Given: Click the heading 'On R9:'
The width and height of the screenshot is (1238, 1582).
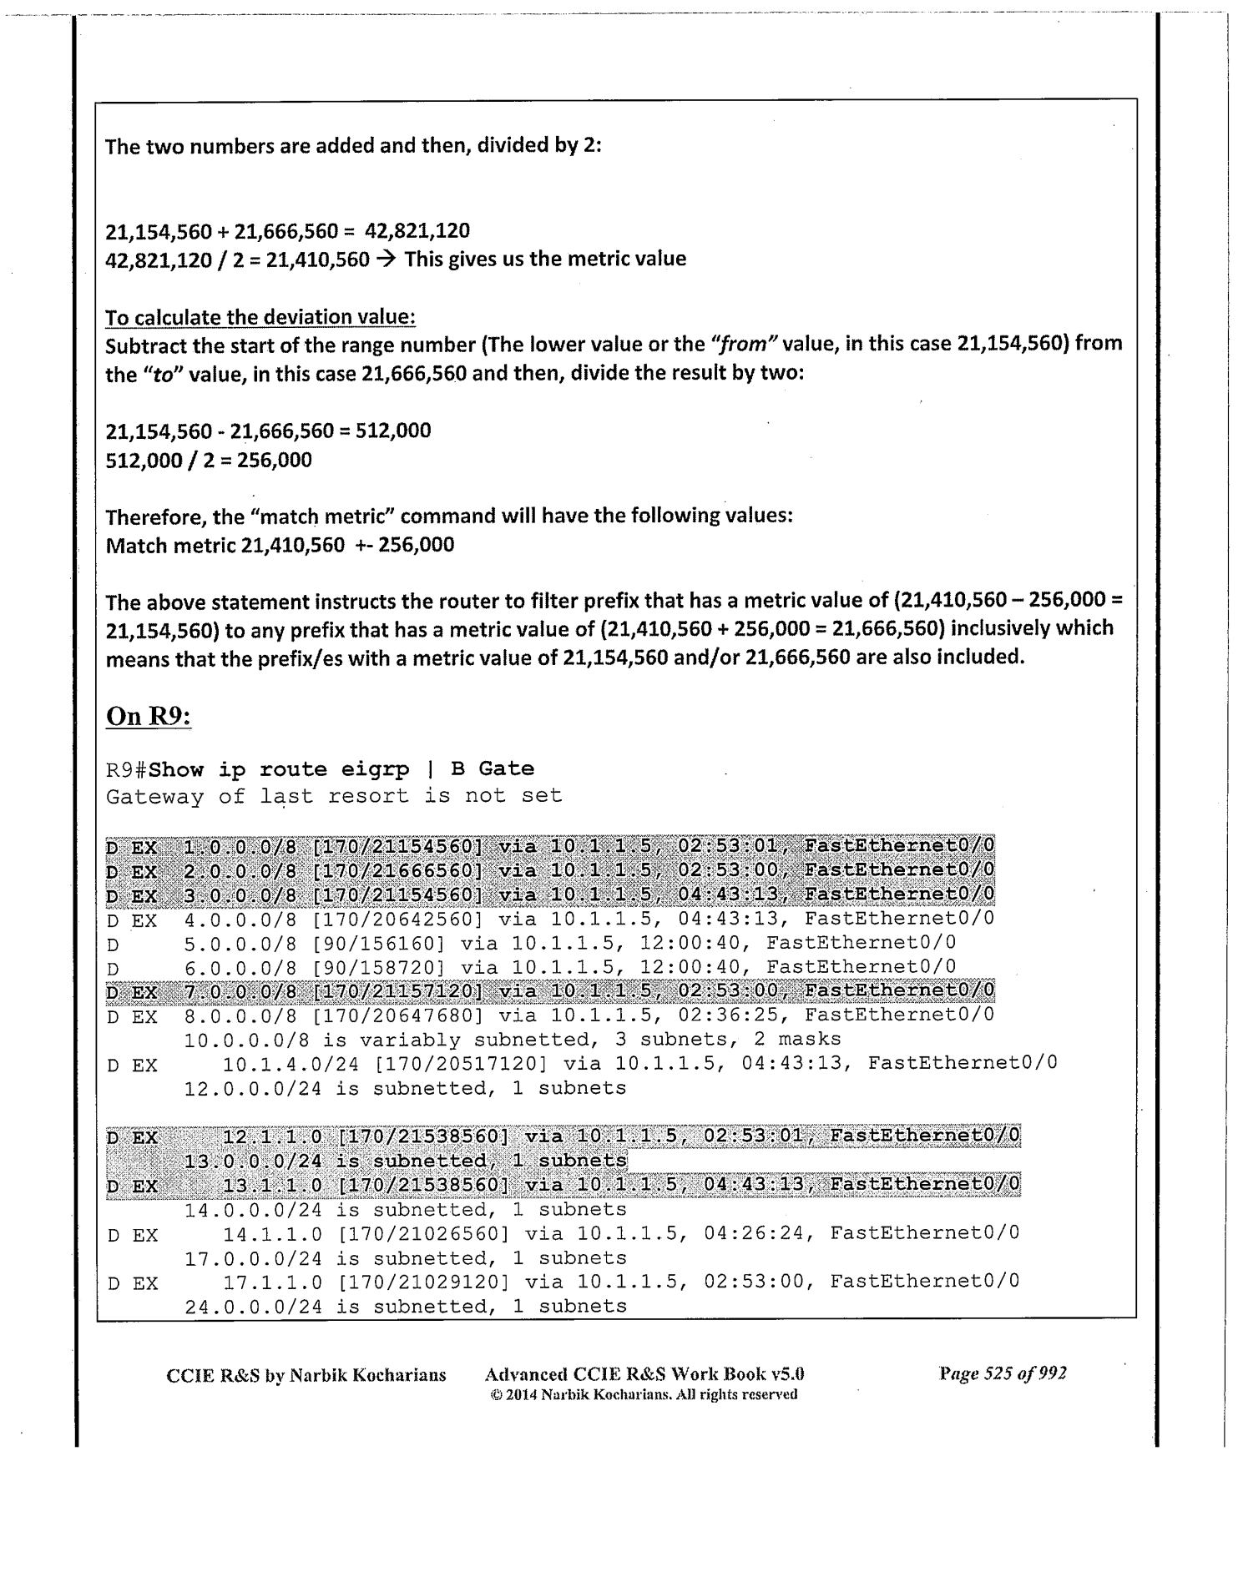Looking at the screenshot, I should tap(149, 717).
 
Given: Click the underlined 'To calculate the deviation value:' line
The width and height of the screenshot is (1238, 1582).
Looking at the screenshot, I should tap(260, 317).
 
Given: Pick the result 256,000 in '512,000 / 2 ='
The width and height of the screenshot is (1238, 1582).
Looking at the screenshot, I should tap(275, 460).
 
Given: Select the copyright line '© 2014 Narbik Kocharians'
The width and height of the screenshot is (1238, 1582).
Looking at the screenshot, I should tap(643, 1394).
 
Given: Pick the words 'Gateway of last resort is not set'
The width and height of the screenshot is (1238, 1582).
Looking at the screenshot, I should tap(334, 796).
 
